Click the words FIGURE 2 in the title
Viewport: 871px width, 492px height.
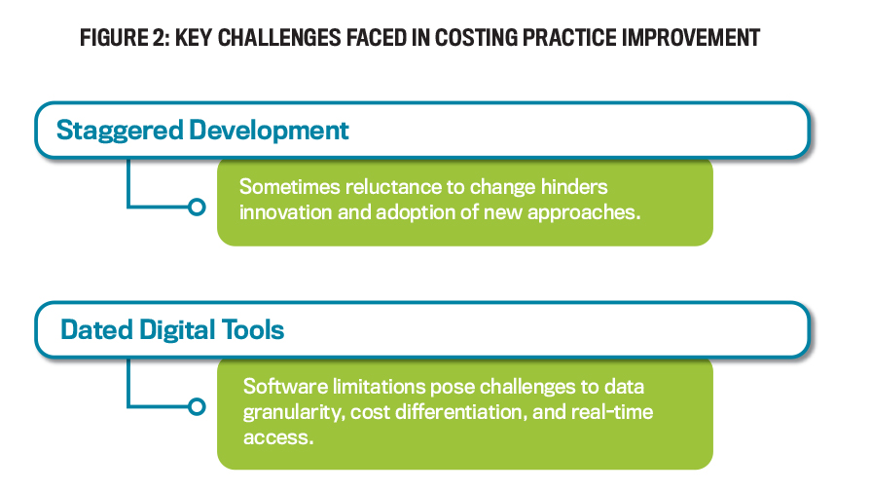click(125, 38)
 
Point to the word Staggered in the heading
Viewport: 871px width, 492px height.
click(120, 132)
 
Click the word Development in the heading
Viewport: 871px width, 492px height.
click(269, 132)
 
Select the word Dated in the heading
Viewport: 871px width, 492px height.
click(96, 329)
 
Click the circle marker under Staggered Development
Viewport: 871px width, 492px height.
click(197, 208)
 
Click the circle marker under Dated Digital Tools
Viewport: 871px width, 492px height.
click(197, 407)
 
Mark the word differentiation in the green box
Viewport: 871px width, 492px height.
click(458, 412)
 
